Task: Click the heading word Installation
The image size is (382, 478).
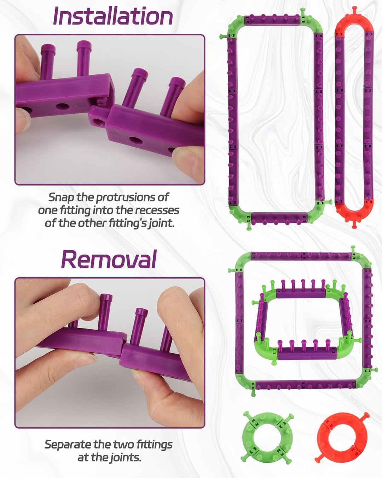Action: (x=113, y=16)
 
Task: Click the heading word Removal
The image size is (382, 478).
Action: (x=109, y=259)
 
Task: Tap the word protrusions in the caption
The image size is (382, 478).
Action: (x=126, y=198)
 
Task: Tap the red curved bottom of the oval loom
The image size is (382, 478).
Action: (x=354, y=212)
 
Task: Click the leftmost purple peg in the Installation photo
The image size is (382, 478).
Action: (x=48, y=61)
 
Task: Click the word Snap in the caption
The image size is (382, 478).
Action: (x=61, y=198)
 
